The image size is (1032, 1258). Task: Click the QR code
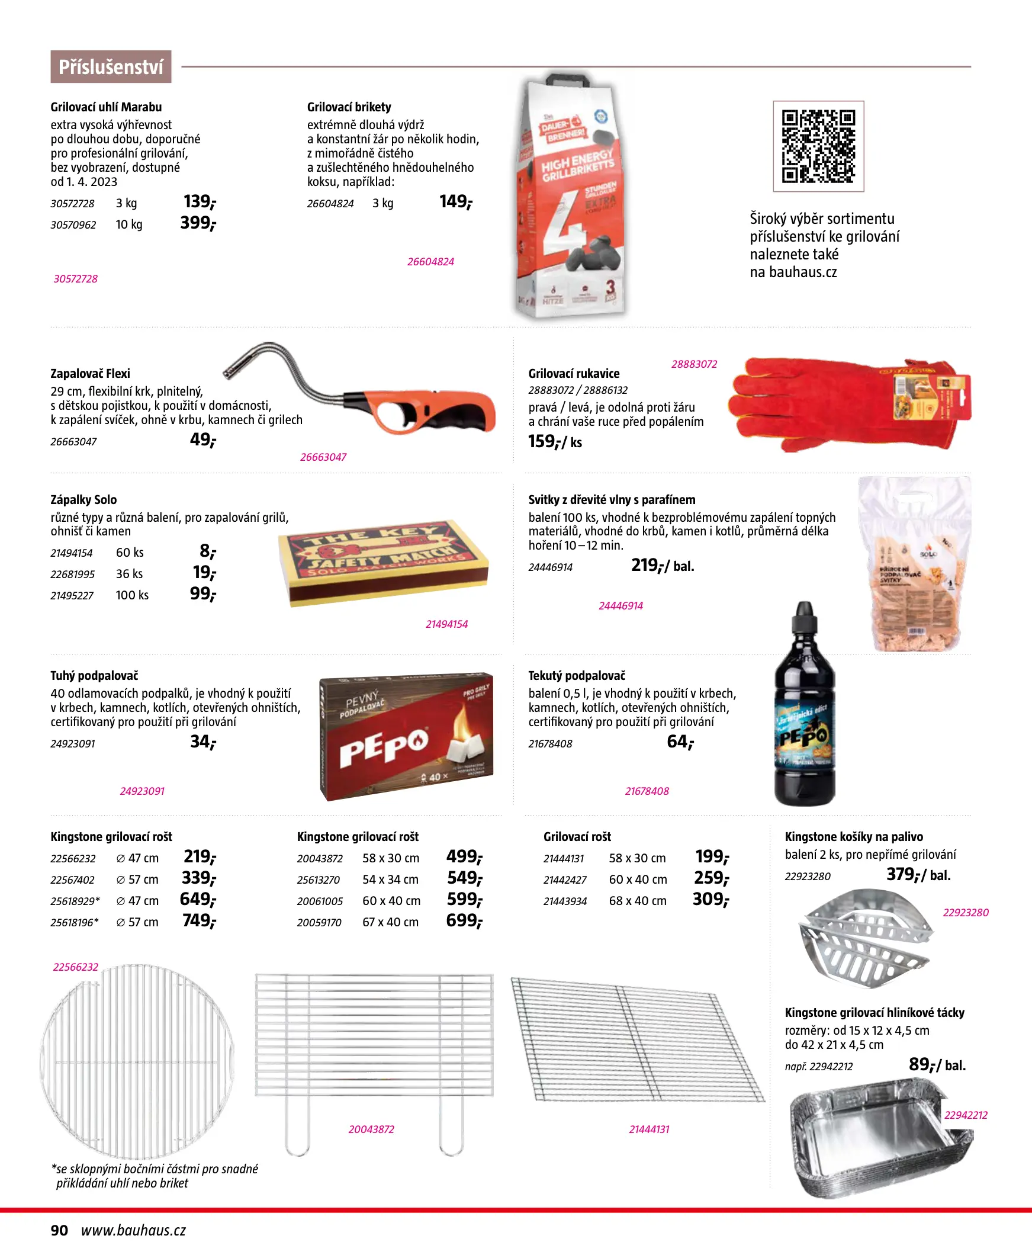point(818,146)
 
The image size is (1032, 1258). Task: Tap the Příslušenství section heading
point(111,67)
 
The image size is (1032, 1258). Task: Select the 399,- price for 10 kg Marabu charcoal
point(198,223)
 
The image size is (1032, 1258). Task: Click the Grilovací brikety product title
point(349,107)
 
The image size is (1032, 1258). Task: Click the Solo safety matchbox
point(384,562)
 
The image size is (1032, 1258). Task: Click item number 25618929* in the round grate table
point(75,901)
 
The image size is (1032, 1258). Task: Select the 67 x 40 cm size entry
point(391,923)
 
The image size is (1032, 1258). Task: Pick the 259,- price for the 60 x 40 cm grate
point(711,879)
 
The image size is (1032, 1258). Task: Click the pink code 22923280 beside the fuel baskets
point(966,913)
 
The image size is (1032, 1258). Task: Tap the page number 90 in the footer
point(59,1231)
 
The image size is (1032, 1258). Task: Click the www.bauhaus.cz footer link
point(134,1231)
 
